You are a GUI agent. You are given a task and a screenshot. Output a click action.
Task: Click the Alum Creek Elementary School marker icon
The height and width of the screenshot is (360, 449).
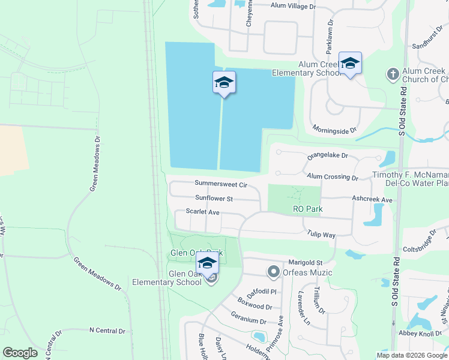(350, 64)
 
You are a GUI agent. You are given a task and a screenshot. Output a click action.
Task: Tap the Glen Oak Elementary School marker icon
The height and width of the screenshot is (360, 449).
(207, 263)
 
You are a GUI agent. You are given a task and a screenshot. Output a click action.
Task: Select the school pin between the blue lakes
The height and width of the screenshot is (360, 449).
(224, 83)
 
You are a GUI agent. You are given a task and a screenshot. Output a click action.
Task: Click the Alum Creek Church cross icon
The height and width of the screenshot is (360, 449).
(393, 74)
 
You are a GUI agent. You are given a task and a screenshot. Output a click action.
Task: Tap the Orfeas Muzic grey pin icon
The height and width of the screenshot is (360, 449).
(274, 272)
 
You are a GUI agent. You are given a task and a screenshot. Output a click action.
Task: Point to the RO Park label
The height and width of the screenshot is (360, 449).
(307, 209)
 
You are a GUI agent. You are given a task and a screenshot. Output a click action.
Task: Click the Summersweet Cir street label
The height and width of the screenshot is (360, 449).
(221, 184)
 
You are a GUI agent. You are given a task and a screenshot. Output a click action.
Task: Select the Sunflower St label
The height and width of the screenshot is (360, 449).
(213, 198)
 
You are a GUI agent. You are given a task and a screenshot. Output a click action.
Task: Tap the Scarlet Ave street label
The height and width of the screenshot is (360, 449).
(202, 212)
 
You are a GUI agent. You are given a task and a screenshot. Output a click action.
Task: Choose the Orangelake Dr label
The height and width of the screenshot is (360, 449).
(328, 155)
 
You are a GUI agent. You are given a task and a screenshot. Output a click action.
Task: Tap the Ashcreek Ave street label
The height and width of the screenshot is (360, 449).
(372, 199)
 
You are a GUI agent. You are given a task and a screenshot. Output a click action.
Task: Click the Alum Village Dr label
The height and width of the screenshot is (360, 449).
(292, 5)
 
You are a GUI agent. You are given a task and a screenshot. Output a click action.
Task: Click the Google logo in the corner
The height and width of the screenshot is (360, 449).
(20, 353)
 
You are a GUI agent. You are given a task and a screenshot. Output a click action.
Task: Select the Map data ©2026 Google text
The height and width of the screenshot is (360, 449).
(411, 355)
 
